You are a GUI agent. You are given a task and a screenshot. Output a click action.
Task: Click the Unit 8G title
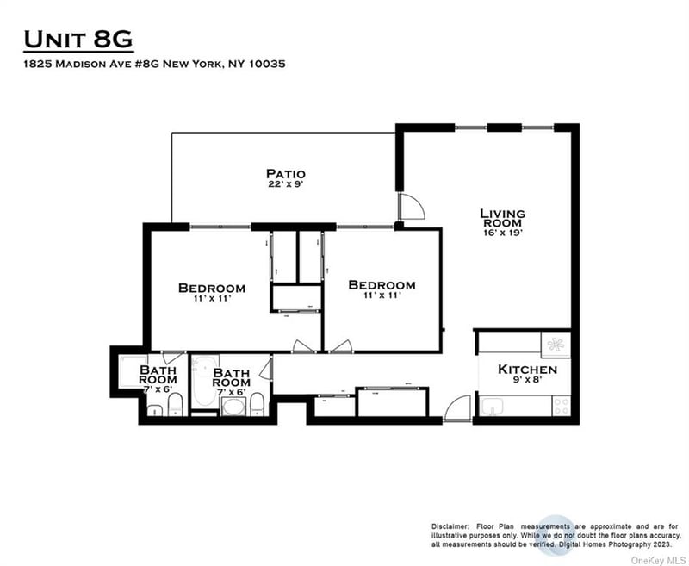pyautogui.click(x=78, y=40)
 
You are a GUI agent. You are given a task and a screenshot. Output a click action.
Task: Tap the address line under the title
pyautogui.click(x=154, y=64)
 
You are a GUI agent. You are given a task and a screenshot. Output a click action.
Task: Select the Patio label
pyautogui.click(x=286, y=173)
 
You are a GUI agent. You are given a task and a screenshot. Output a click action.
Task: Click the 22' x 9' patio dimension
pyautogui.click(x=286, y=184)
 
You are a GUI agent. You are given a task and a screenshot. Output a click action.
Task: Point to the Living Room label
pyautogui.click(x=502, y=218)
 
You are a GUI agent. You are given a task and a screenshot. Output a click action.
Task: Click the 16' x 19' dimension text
pyautogui.click(x=503, y=233)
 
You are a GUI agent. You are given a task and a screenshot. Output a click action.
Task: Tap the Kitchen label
pyautogui.click(x=527, y=369)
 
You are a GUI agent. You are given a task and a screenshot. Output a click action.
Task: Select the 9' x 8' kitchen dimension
pyautogui.click(x=527, y=379)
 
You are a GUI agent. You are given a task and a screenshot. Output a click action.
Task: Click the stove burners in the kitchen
pyautogui.click(x=562, y=406)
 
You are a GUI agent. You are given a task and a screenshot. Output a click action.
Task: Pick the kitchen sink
pyautogui.click(x=491, y=407)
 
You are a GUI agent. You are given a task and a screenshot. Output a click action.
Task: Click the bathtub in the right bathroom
pyautogui.click(x=205, y=381)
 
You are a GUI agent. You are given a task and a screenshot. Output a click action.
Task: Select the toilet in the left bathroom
pyautogui.click(x=176, y=404)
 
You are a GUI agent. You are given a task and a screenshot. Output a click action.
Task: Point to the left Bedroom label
pyautogui.click(x=212, y=289)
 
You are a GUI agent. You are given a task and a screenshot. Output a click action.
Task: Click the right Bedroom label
pyautogui.click(x=382, y=285)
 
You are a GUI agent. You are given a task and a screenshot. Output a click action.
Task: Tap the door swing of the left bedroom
pyautogui.click(x=304, y=346)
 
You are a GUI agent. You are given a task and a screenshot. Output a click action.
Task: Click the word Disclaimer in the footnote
pyautogui.click(x=450, y=526)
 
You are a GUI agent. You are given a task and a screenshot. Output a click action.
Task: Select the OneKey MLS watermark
pyautogui.click(x=658, y=560)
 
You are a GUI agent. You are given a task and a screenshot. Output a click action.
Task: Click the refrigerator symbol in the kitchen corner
pyautogui.click(x=556, y=345)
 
